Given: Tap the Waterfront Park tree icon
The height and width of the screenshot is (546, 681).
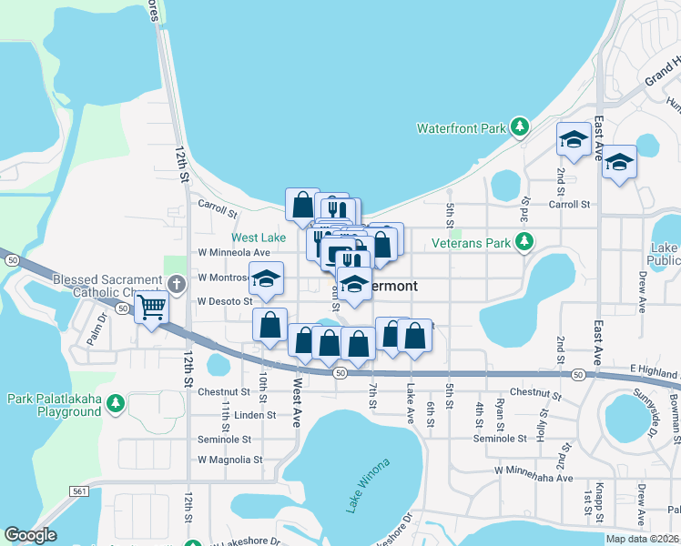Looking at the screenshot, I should [519, 127].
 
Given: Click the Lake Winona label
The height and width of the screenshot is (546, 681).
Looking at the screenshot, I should [367, 487].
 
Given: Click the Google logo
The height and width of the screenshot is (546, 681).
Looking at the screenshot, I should [30, 535].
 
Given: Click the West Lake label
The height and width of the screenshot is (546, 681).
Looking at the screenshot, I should [258, 237].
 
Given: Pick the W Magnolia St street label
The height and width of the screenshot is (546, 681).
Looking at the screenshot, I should [229, 460].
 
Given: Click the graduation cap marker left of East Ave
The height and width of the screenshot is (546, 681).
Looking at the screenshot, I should [573, 139].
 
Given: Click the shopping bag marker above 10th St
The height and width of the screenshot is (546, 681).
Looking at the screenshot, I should [270, 325].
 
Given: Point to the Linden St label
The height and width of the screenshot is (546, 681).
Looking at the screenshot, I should [256, 415].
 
